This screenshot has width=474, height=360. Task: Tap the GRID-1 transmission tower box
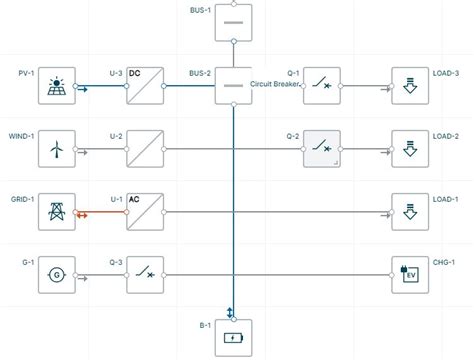click(x=57, y=212)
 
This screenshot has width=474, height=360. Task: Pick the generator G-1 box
click(x=57, y=273)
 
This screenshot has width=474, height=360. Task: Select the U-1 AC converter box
click(x=145, y=212)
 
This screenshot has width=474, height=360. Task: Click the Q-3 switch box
click(x=145, y=273)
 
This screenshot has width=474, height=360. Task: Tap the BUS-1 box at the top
click(x=233, y=21)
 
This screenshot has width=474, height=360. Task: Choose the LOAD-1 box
click(x=410, y=212)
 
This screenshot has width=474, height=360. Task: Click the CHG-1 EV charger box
click(x=410, y=273)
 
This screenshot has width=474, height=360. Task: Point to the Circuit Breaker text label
click(x=274, y=84)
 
